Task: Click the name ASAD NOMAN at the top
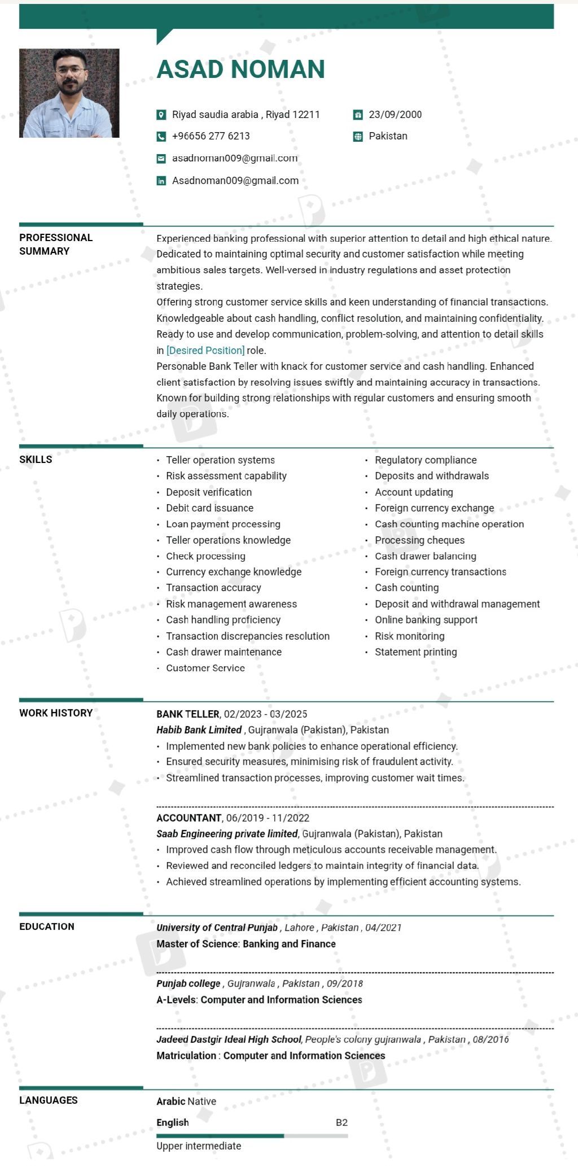pyautogui.click(x=240, y=69)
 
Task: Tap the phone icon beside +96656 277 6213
pyautogui.click(x=161, y=136)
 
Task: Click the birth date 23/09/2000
pyautogui.click(x=395, y=115)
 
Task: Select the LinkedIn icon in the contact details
pyautogui.click(x=161, y=181)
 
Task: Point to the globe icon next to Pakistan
pyautogui.click(x=358, y=137)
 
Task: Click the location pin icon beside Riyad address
pyautogui.click(x=161, y=115)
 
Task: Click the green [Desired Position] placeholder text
pyautogui.click(x=205, y=350)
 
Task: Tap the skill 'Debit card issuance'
pyautogui.click(x=209, y=508)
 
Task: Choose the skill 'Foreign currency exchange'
pyautogui.click(x=434, y=508)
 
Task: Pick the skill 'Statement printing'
pyautogui.click(x=415, y=652)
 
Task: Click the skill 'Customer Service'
pyautogui.click(x=205, y=668)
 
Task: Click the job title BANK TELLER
pyautogui.click(x=187, y=714)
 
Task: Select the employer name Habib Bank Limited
pyautogui.click(x=199, y=730)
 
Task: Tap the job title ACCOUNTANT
pyautogui.click(x=189, y=818)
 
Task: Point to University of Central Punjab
pyautogui.click(x=217, y=928)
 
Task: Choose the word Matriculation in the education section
pyautogui.click(x=186, y=1056)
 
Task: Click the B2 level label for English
pyautogui.click(x=341, y=1123)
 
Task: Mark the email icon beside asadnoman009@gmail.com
pyautogui.click(x=161, y=159)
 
